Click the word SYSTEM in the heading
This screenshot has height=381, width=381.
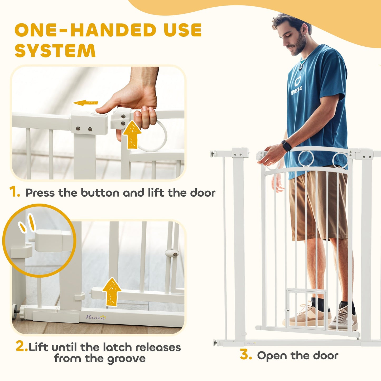click(x=55, y=50)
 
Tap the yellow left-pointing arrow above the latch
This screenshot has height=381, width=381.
click(x=85, y=103)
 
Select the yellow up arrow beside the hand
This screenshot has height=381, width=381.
click(x=132, y=134)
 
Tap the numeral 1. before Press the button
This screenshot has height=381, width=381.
click(x=15, y=192)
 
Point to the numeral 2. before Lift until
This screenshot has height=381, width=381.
click(x=21, y=346)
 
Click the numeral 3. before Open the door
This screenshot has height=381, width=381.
click(x=246, y=355)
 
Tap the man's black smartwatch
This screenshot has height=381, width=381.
click(x=286, y=146)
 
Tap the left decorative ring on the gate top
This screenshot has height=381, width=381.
click(x=306, y=159)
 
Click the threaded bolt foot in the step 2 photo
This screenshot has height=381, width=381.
click(x=16, y=309)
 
